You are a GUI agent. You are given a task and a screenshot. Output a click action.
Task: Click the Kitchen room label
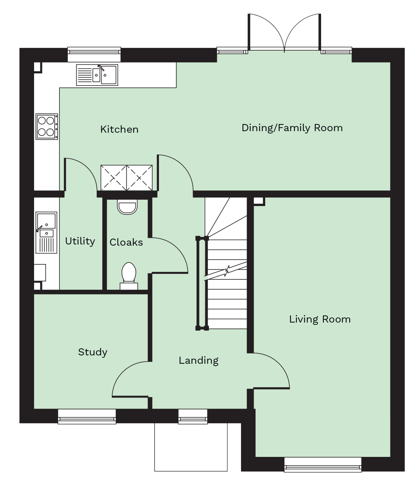pos(119,129)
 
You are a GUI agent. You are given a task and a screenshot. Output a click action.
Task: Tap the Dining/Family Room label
pos(292,128)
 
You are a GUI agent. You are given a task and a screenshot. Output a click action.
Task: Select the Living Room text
pos(320,319)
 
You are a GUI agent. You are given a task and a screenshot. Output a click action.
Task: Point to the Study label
pos(93,352)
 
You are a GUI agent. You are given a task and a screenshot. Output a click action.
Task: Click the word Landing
pos(199,360)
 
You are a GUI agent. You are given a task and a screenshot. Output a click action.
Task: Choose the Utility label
pos(80,241)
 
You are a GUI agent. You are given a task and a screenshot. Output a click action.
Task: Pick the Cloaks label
pos(126,242)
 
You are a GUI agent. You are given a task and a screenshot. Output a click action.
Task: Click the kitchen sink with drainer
pos(97,75)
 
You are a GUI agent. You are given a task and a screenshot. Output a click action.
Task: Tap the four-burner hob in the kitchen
pos(46,126)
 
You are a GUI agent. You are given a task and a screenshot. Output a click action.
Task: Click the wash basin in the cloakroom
pos(127,207)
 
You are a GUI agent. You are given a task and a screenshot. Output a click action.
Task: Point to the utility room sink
pos(46,232)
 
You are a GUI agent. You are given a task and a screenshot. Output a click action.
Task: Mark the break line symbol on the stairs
pos(226,271)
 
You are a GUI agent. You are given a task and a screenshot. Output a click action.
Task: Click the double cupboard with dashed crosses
pos(126,178)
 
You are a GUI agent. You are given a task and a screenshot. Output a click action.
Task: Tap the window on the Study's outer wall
pos(87,416)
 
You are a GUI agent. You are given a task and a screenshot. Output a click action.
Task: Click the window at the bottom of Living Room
pos(323,464)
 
